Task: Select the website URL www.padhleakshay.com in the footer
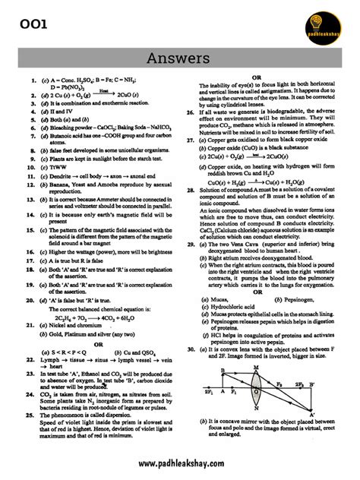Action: [180, 463]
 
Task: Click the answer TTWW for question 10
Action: [53, 165]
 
